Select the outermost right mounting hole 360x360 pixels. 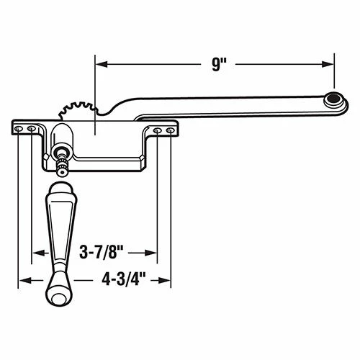click(x=169, y=131)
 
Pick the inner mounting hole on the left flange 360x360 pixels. click(x=31, y=129)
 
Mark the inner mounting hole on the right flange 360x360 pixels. click(x=158, y=131)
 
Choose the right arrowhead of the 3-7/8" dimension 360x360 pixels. click(x=153, y=253)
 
